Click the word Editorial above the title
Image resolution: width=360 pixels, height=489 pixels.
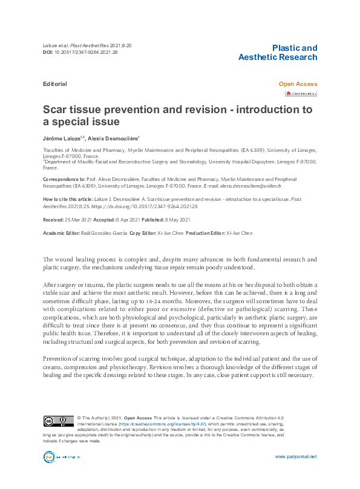[x=54, y=84]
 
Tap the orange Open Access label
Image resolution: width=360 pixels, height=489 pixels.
[x=298, y=84]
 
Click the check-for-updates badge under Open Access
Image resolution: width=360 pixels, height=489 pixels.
[x=301, y=94]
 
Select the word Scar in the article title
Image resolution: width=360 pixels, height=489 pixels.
[x=54, y=110]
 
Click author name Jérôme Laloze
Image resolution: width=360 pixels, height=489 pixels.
[x=62, y=139]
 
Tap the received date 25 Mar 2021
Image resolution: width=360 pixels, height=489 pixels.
[x=78, y=219]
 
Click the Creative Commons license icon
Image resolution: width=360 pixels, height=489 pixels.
[x=57, y=421]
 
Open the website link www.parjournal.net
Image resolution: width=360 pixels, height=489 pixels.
[x=296, y=456]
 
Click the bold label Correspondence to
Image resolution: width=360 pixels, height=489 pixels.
[x=65, y=180]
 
